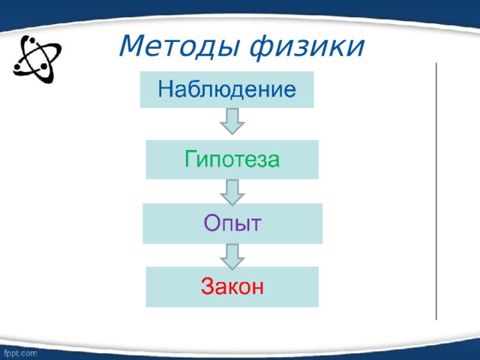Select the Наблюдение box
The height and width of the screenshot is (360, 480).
[226, 90]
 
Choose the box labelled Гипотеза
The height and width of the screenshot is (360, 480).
[232, 160]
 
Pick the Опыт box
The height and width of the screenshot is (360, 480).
[232, 223]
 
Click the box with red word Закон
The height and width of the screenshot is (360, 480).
[232, 286]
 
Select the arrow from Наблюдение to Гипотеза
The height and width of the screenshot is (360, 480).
[232, 122]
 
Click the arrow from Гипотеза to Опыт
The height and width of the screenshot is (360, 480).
[232, 191]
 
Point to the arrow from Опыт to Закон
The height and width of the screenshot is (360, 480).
[232, 255]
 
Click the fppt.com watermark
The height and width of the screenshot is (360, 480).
[21, 351]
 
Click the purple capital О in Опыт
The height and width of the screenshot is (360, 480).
[211, 223]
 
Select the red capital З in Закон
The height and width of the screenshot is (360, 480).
[208, 286]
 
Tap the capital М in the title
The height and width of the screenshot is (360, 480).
[130, 46]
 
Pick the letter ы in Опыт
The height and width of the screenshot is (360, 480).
[243, 224]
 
